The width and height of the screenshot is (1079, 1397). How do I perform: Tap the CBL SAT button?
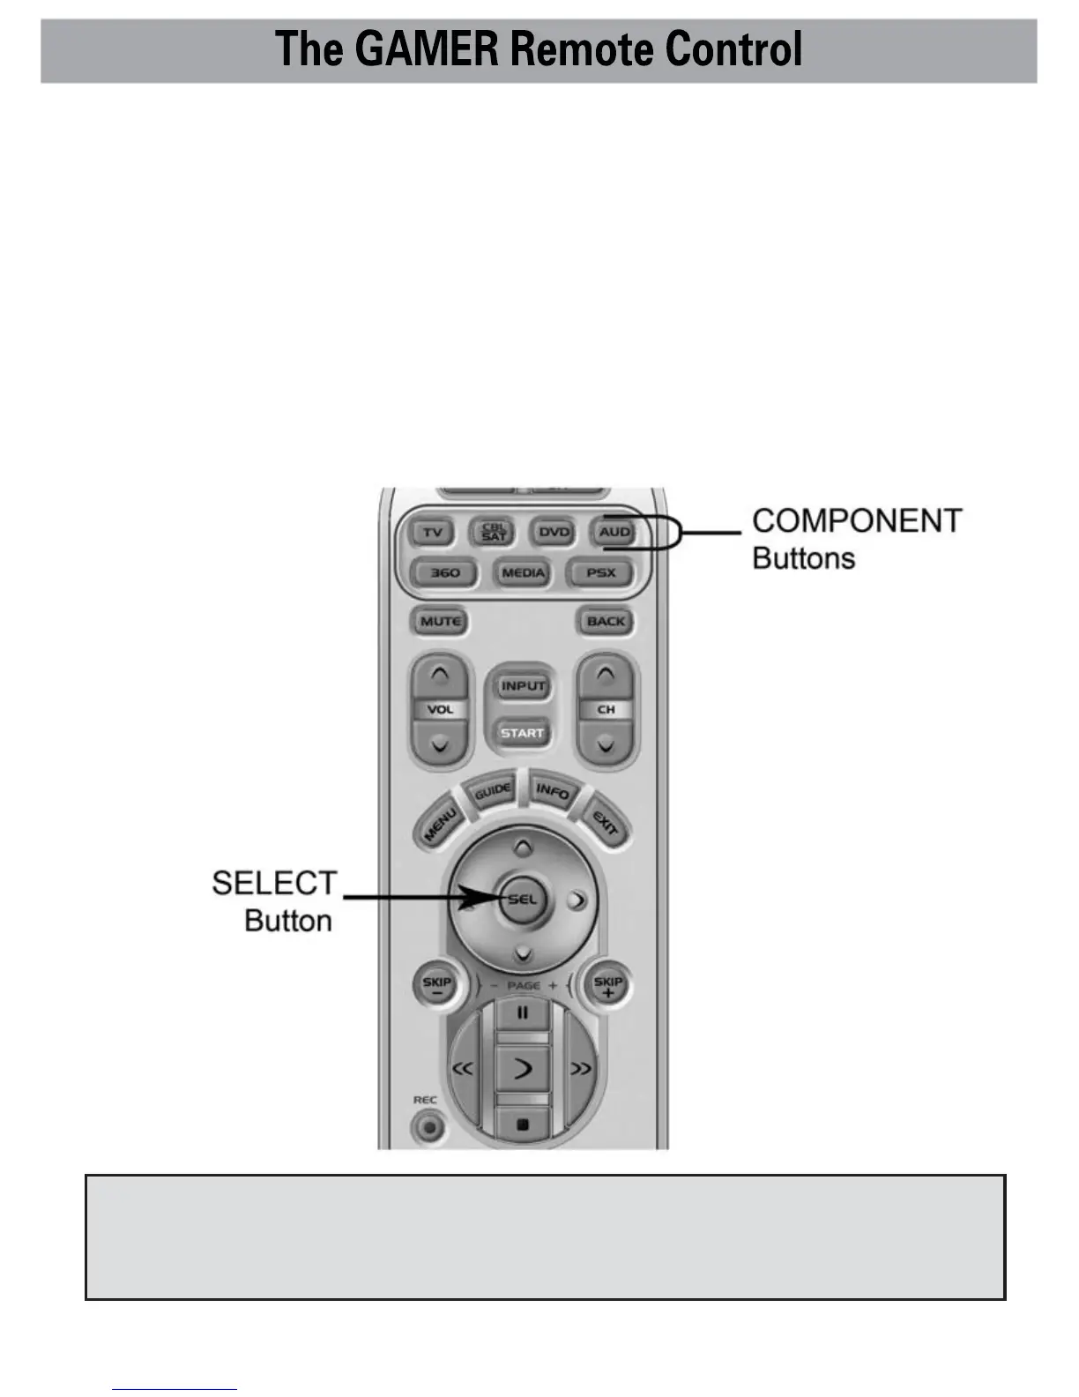[x=494, y=532]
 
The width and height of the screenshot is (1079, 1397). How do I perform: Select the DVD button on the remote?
[x=554, y=532]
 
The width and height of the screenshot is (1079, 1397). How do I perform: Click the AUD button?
[x=614, y=532]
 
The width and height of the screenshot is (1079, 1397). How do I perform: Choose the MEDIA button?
[x=523, y=573]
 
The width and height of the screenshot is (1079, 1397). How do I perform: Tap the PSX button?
[x=601, y=573]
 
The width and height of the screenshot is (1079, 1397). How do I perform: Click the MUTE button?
[x=441, y=621]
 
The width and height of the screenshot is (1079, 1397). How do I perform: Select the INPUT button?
[x=523, y=686]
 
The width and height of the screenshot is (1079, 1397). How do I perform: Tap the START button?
[x=523, y=733]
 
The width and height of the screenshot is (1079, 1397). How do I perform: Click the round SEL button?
[x=522, y=900]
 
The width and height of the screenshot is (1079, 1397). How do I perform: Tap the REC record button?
[x=429, y=1126]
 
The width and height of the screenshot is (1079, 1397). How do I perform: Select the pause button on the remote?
[x=522, y=1013]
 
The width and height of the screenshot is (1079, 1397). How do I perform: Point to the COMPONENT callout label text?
[x=856, y=520]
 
